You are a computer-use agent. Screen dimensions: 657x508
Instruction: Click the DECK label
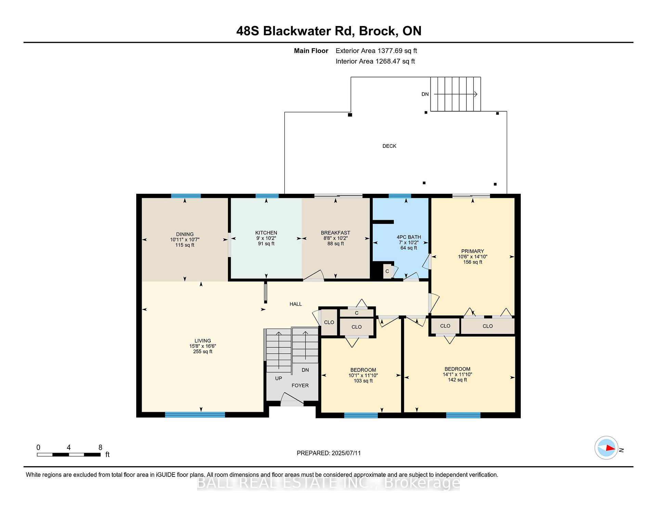389,146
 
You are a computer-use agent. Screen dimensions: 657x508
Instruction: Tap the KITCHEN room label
266,233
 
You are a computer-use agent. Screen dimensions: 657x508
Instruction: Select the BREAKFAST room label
335,233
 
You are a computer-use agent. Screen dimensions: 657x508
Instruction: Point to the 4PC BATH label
409,237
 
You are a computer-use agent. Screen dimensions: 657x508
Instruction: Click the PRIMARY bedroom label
473,251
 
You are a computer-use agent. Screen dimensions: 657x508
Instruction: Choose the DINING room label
185,234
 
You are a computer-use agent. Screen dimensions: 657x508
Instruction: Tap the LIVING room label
203,341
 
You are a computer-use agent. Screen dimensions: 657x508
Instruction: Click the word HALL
296,304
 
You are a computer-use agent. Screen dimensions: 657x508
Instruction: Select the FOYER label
300,385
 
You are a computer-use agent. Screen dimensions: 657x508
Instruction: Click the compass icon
606,448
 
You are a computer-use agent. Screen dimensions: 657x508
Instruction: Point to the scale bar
69,455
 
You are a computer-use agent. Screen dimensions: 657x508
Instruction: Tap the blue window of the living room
195,415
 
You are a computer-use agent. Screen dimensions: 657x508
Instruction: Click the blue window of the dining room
186,196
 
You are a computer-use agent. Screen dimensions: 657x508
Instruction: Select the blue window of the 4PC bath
400,196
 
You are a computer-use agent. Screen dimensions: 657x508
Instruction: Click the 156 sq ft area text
473,262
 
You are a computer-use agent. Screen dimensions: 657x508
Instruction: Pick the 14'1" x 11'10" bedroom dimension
457,374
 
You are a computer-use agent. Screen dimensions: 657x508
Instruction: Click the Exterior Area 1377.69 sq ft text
376,51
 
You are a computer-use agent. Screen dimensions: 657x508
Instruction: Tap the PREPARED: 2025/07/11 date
328,453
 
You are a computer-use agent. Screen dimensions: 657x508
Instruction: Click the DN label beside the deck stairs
425,94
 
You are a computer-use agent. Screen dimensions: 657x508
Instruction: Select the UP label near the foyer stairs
279,378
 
